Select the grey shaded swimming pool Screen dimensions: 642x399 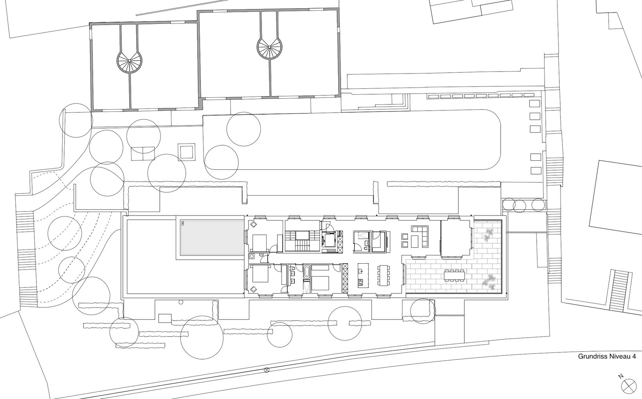[212, 237]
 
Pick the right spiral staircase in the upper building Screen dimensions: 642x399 [269, 47]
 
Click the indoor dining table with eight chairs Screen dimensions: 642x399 [383, 275]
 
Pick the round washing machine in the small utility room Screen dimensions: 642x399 [252, 256]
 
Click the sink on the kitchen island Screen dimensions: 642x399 [361, 271]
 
